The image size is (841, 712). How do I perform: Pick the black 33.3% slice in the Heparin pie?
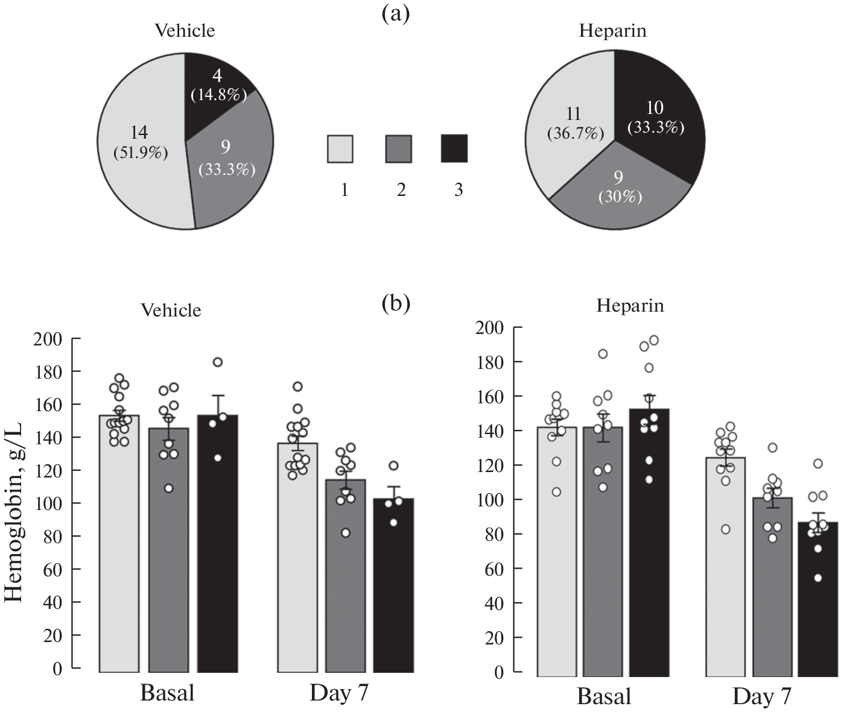tap(658, 121)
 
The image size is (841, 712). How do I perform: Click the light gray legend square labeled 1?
tap(340, 149)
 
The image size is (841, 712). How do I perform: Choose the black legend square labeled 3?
tap(454, 149)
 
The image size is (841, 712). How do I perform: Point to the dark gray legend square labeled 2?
tap(398, 149)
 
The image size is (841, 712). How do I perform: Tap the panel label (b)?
tap(396, 303)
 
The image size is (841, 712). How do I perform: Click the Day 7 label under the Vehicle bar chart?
tap(338, 693)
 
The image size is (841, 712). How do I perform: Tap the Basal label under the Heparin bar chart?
tap(603, 696)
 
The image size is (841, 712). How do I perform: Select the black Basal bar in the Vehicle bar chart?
tap(217, 573)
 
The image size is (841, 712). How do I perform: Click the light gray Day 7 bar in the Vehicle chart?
tap(297, 573)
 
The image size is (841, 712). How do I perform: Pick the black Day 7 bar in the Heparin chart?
tap(817, 603)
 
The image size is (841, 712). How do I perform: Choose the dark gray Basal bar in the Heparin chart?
tap(603, 573)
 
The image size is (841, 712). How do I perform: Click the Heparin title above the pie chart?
tap(612, 31)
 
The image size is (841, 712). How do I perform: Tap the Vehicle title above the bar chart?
tap(171, 310)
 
